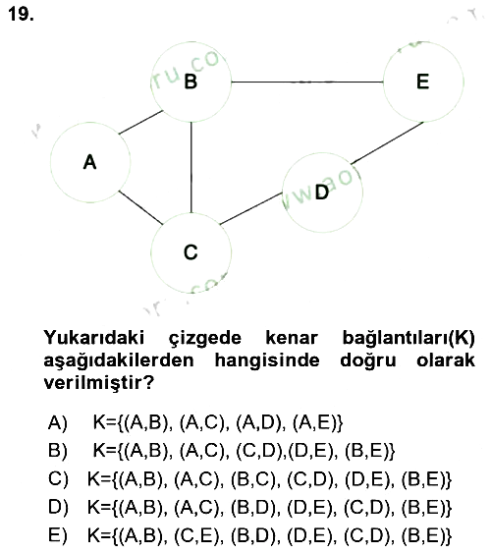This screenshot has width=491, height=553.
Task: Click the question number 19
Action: [x=21, y=15]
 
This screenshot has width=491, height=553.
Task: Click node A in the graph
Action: [x=90, y=163]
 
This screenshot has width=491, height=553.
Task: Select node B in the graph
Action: [x=191, y=83]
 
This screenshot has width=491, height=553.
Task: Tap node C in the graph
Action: [x=191, y=252]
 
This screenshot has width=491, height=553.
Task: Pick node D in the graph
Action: [x=322, y=193]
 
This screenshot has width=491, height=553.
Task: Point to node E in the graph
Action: [x=423, y=82]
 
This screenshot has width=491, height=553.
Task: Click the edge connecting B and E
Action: [x=307, y=83]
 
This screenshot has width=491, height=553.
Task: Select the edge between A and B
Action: [x=141, y=123]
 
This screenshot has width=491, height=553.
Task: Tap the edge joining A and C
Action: [x=140, y=207]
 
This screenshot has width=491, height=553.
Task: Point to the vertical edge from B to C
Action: [x=191, y=168]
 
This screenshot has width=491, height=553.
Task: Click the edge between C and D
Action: [x=251, y=209]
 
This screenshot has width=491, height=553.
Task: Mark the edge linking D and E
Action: [x=387, y=142]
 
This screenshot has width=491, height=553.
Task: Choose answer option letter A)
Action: [x=58, y=422]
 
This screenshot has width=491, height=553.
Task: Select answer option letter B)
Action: [x=58, y=451]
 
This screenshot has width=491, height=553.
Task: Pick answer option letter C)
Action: [x=58, y=479]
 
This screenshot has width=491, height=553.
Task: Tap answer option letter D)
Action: [x=58, y=507]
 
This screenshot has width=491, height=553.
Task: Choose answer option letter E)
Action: [x=58, y=535]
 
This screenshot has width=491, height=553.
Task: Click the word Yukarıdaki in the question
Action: [x=94, y=338]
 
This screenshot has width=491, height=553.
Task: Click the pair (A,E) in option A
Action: [x=314, y=422]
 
